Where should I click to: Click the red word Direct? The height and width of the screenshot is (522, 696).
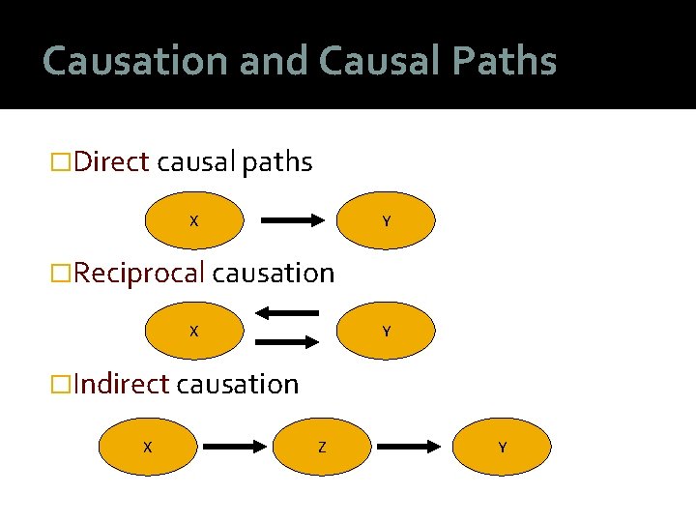111,162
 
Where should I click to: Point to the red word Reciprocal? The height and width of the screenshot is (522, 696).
139,274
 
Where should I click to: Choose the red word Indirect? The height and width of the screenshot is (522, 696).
121,385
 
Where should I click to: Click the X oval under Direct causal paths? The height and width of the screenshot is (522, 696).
193,220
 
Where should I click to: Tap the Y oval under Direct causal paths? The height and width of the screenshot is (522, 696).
387,220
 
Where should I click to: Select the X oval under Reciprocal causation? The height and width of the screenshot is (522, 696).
193,331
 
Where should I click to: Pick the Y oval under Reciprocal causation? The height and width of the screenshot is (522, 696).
387,331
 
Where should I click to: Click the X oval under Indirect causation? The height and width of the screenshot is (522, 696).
147,447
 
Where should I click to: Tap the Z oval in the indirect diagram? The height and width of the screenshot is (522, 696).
321,447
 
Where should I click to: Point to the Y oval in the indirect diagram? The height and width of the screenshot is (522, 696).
503,447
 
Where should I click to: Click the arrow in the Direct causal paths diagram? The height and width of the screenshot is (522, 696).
294,220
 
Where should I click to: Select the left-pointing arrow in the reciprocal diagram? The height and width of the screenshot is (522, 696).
286,313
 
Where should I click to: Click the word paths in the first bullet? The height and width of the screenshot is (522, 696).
277,162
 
